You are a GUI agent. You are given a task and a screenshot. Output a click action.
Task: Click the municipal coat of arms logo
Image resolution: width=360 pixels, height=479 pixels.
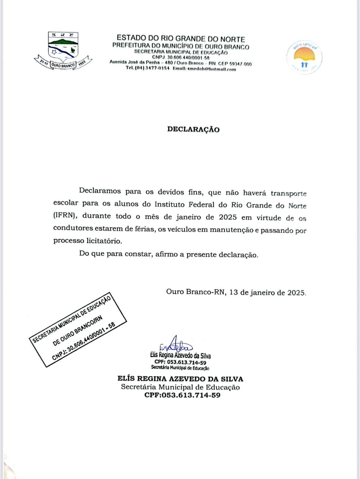(x=63, y=50)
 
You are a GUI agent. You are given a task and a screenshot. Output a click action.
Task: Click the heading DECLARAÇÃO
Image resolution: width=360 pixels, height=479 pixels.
(x=193, y=129)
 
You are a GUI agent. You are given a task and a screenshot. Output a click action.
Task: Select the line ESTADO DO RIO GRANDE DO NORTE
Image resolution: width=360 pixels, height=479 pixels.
(x=181, y=39)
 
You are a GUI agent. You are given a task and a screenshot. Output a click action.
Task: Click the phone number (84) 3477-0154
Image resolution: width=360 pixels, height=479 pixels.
(x=148, y=68)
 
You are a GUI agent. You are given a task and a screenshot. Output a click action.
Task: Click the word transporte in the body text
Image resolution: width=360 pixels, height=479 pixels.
(x=288, y=193)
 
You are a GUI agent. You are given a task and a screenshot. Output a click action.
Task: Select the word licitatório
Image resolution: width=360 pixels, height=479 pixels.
(x=104, y=241)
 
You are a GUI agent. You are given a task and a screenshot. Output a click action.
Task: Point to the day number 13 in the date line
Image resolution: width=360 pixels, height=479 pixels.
(x=234, y=292)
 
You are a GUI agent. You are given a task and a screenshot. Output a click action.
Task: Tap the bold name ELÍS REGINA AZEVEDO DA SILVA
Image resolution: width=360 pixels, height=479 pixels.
(x=180, y=379)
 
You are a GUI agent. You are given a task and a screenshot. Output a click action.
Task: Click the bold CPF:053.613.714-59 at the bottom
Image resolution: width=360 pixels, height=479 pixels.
(x=182, y=395)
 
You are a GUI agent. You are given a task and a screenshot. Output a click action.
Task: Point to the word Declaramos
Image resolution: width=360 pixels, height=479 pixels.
(x=100, y=191)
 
